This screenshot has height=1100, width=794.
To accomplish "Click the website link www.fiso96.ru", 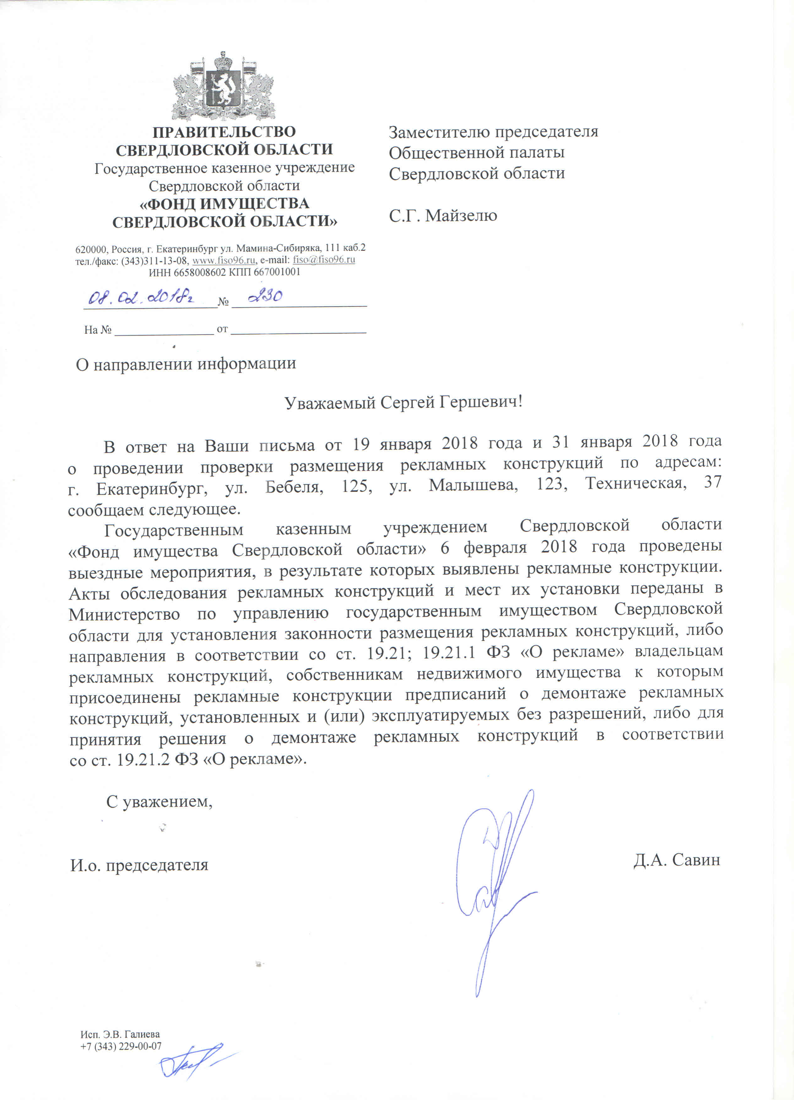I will point(224,260).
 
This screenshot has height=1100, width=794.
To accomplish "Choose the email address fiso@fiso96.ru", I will point(324,260).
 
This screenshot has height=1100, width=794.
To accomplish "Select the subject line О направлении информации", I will point(186,364).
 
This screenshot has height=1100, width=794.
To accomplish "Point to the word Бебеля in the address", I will point(294,486).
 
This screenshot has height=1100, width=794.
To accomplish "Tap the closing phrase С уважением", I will point(159,802).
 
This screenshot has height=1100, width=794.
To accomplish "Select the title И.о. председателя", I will point(139,865).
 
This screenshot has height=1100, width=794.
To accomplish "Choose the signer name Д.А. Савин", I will point(676,860).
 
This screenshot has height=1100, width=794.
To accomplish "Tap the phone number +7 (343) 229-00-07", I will point(121,1046).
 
